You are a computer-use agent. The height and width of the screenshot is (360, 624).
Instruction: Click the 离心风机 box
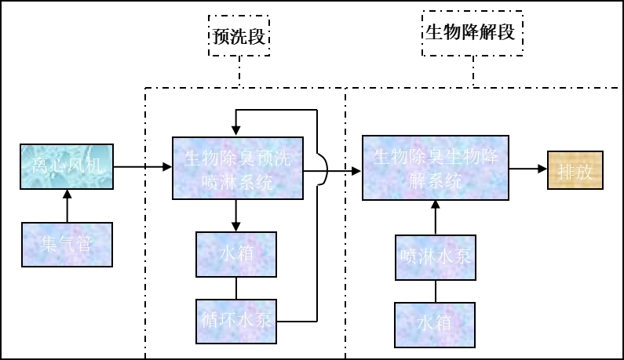coord(67,165)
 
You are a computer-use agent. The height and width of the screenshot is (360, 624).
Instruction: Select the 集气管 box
coord(67,244)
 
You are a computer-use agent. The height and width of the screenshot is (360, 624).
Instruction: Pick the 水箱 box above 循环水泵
coord(236,253)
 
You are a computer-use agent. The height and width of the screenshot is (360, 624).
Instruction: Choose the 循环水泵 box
coord(236,320)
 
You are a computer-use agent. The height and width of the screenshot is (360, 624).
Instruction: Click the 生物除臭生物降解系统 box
coord(435,168)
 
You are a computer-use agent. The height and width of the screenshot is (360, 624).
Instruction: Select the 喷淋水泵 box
coord(436,256)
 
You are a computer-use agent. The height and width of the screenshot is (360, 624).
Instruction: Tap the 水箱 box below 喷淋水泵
coord(436,321)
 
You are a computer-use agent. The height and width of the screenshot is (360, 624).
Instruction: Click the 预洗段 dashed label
coord(239,36)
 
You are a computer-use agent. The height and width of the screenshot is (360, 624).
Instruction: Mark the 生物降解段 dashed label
coord(471,33)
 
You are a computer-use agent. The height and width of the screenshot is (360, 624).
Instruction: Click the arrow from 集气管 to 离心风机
coord(67,205)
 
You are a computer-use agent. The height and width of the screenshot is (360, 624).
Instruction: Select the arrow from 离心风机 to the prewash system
coord(143,166)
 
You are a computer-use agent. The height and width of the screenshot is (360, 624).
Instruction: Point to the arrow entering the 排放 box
coord(528,169)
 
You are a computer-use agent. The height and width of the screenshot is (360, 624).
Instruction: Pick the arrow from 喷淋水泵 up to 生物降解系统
coord(436,217)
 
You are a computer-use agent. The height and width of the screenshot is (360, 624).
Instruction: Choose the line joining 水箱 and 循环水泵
coord(236,287)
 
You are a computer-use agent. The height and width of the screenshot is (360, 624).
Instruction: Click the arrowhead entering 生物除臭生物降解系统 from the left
coord(356,169)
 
